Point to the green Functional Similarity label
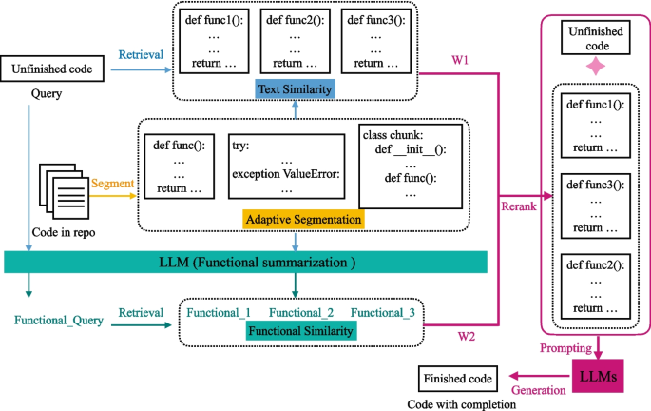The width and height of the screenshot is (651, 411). click(x=300, y=330)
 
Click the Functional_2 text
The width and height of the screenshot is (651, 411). click(x=301, y=312)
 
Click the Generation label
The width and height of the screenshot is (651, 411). click(x=537, y=389)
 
